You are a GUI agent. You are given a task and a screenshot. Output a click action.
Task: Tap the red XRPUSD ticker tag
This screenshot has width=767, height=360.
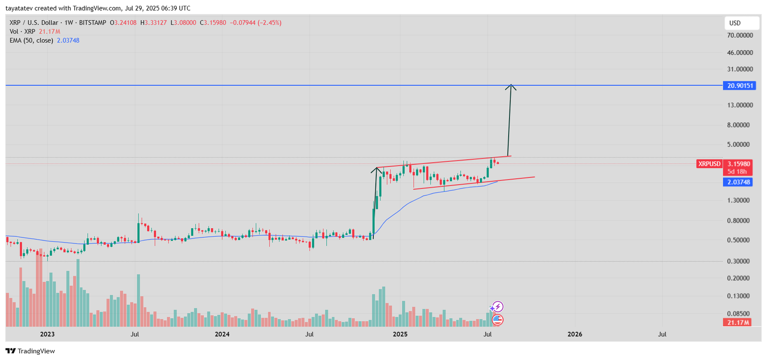click(709, 164)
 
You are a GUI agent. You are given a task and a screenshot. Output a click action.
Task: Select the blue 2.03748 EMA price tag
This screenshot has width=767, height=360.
click(738, 182)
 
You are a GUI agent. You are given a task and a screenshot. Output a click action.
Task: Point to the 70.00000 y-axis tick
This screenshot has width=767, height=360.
click(740, 35)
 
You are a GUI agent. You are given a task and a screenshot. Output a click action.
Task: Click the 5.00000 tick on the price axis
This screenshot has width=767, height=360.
click(738, 145)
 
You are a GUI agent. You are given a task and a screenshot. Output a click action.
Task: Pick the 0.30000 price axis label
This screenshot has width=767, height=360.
click(738, 261)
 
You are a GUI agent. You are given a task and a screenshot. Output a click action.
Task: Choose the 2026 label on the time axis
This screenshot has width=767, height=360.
click(575, 334)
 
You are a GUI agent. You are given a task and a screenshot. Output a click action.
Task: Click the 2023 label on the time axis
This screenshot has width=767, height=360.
click(47, 334)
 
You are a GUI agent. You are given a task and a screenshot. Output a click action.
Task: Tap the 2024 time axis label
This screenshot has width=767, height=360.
click(222, 334)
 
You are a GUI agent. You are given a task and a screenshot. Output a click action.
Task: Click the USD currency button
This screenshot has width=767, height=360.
click(742, 23)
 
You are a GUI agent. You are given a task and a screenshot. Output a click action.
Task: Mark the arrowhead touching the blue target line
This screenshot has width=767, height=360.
click(511, 87)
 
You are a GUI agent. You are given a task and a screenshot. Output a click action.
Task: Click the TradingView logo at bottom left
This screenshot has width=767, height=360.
click(31, 351)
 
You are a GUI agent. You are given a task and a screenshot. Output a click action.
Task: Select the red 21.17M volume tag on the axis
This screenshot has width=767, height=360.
click(738, 323)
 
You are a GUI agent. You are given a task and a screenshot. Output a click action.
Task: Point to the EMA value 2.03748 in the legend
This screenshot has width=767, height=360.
click(68, 41)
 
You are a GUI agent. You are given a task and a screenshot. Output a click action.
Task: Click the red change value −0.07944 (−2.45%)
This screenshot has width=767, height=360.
click(256, 23)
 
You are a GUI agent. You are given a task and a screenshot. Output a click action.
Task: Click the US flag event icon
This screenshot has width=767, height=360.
click(498, 320)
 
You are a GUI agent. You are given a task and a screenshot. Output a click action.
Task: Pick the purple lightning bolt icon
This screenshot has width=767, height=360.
click(498, 307)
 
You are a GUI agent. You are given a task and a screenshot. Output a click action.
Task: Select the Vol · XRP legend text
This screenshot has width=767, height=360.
click(23, 32)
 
